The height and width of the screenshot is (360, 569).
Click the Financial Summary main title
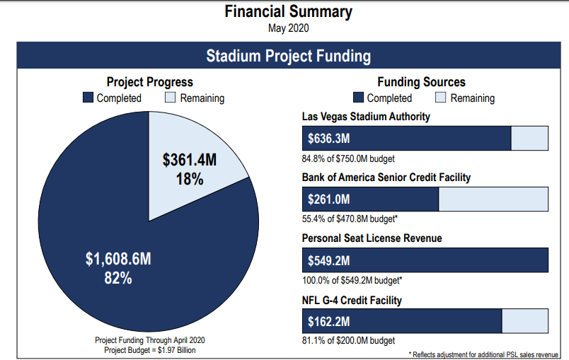click(x=288, y=12)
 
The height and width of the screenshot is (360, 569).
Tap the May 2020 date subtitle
click(x=288, y=28)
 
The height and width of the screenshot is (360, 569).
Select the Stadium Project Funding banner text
click(x=288, y=56)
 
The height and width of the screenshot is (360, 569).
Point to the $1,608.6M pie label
click(x=118, y=260)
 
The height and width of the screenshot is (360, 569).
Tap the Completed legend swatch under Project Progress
click(x=88, y=98)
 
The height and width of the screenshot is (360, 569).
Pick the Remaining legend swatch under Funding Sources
click(x=440, y=98)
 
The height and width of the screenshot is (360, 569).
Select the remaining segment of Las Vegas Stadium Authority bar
click(x=529, y=139)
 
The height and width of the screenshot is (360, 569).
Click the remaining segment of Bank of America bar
click(x=493, y=199)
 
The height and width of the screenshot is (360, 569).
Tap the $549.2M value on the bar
click(x=329, y=260)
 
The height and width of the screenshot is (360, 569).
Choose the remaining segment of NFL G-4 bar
click(x=524, y=322)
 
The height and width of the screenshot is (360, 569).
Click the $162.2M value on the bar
click(x=329, y=322)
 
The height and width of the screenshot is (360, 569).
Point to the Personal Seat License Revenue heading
click(x=372, y=238)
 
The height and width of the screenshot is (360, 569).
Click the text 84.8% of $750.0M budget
click(x=348, y=158)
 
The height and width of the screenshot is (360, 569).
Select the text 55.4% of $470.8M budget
click(x=350, y=219)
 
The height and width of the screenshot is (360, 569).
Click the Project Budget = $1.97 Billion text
click(x=149, y=349)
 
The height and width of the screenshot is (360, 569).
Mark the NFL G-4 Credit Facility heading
click(x=352, y=301)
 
